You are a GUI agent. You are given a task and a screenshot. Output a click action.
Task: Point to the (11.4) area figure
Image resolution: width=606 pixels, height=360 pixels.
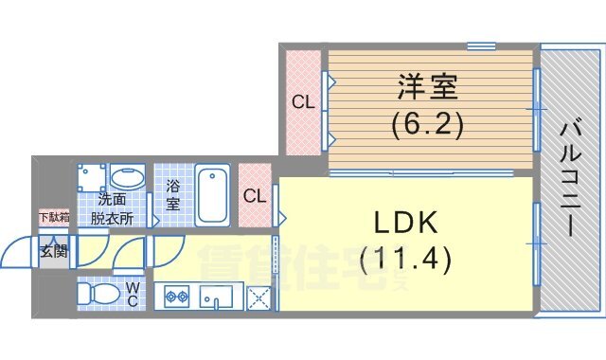pos(404,256)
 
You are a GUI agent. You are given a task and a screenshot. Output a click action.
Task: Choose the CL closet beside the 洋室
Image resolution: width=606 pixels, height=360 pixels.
pos(303,101)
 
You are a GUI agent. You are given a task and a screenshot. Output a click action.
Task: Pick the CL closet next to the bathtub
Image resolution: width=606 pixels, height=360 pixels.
pos(255,197)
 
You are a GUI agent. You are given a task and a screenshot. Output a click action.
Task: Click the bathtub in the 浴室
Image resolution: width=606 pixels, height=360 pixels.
pos(212,194)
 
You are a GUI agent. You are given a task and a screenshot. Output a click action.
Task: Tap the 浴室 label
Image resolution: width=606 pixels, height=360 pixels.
pos(172,196)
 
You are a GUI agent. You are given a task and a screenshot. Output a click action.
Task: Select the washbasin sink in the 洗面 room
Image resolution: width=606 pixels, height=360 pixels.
pos(126,179)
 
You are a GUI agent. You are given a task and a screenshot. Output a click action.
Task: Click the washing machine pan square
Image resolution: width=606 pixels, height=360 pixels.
pos(92,180)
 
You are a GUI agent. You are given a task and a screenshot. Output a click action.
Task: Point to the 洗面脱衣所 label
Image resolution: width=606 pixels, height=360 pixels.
pos(112,208)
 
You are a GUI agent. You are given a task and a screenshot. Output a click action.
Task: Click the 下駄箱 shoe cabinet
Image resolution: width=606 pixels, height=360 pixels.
pos(53,219)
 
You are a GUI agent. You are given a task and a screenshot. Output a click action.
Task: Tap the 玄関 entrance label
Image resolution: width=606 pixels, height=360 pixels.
pos(53,251)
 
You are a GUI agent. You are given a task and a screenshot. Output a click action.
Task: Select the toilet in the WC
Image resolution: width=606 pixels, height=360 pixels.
pos(97,294)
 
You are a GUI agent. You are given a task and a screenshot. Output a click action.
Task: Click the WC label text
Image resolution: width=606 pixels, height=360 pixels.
pos(133,294)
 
